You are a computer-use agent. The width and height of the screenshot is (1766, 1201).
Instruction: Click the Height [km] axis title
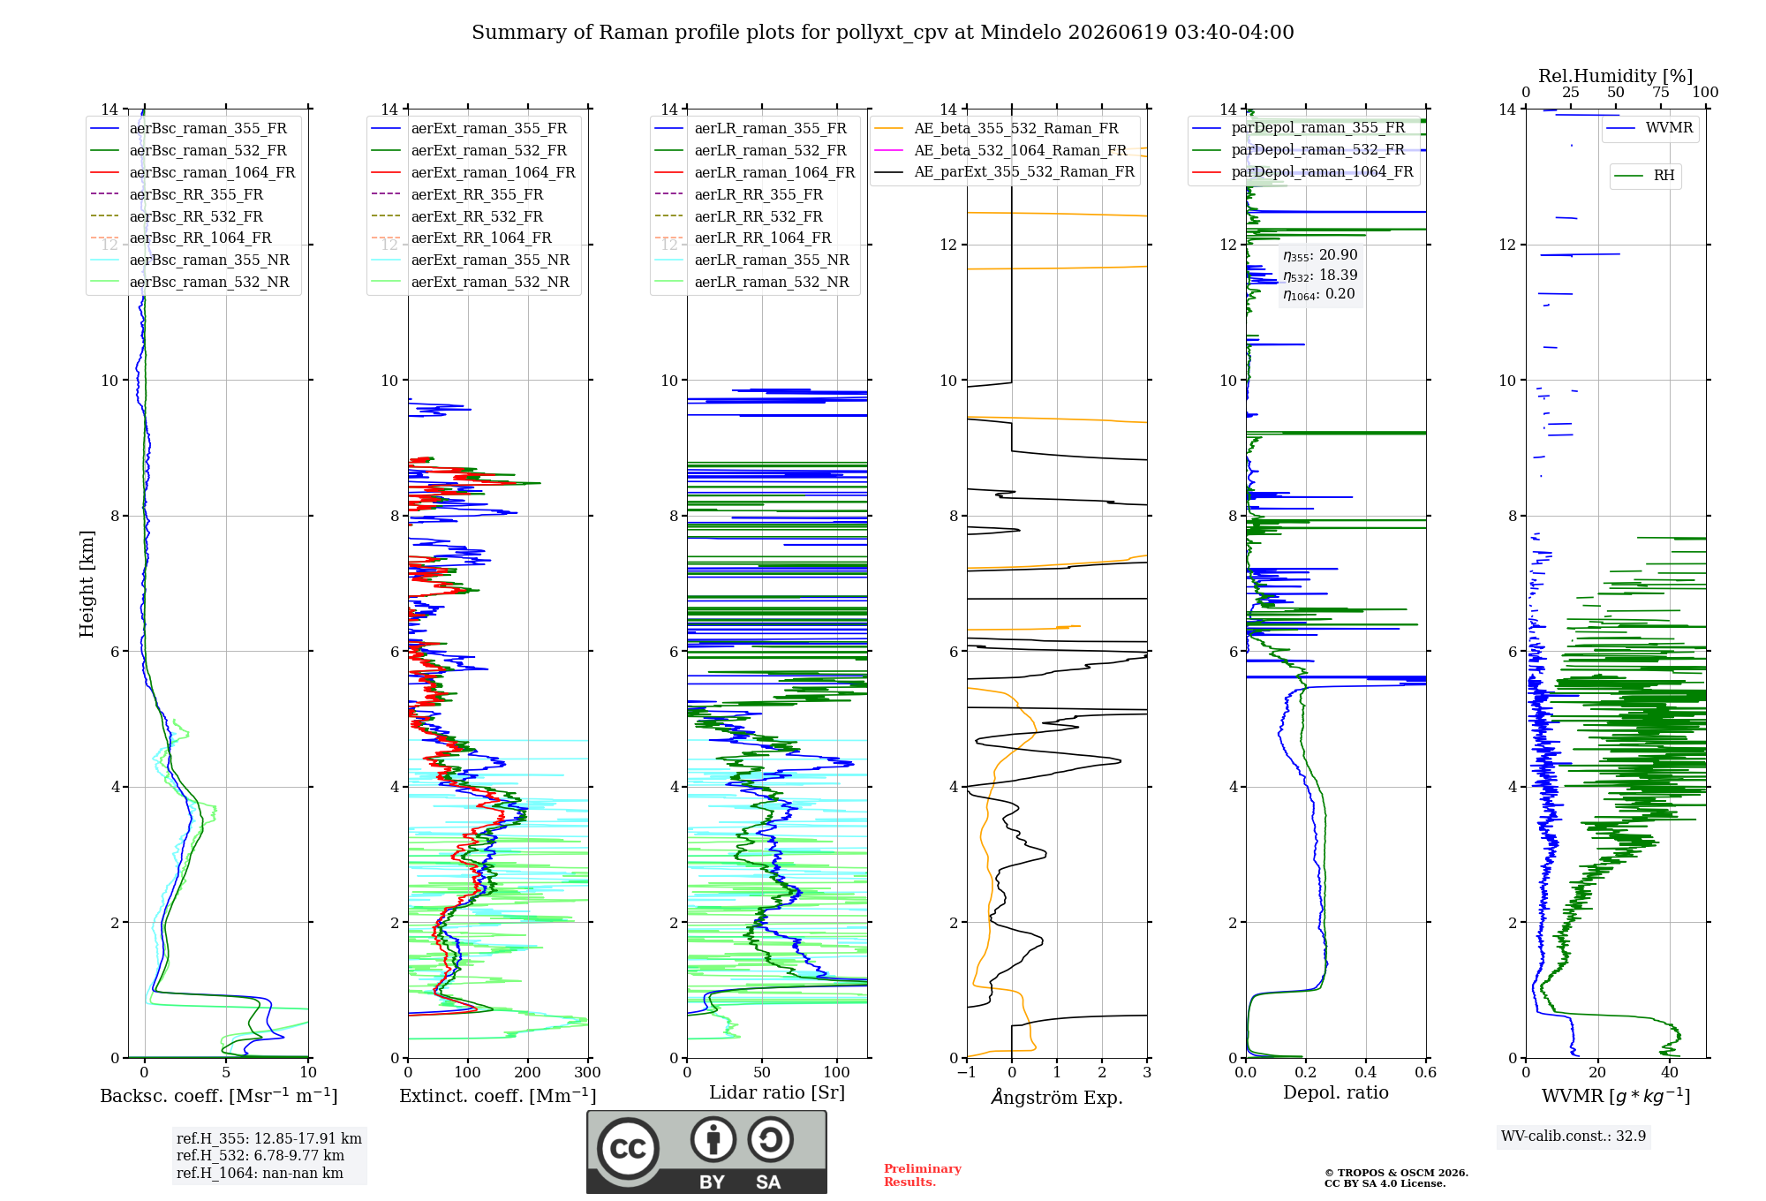(x=87, y=584)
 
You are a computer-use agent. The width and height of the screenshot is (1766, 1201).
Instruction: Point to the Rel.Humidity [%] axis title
(x=1616, y=76)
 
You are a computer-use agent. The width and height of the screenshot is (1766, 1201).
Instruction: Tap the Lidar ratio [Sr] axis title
(x=777, y=1092)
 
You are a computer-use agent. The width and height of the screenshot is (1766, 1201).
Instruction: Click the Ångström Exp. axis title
(x=1057, y=1097)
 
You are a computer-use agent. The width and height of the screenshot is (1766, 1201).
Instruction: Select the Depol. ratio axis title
(x=1336, y=1092)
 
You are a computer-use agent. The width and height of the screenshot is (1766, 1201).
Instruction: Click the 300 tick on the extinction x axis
(x=587, y=1072)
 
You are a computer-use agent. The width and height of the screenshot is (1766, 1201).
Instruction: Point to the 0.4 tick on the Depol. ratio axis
(x=1366, y=1072)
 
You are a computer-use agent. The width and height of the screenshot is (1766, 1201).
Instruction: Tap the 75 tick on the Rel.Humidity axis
(x=1661, y=92)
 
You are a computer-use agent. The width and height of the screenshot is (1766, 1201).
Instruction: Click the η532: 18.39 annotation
(x=1320, y=276)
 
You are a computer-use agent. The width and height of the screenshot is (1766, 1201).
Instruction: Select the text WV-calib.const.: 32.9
(x=1574, y=1136)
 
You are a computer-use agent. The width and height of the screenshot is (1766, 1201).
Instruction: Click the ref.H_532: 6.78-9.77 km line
(x=260, y=1155)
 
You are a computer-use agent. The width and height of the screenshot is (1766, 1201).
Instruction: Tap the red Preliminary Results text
(x=923, y=1175)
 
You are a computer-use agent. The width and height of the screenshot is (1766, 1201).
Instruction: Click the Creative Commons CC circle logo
(x=628, y=1149)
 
